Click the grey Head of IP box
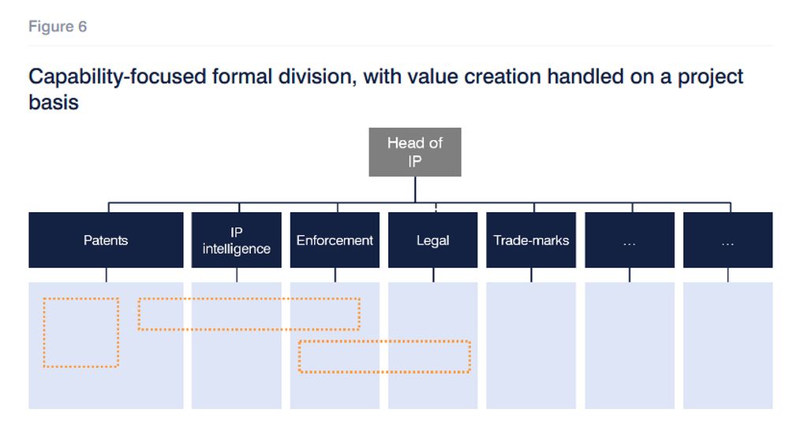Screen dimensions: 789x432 pyautogui.click(x=415, y=152)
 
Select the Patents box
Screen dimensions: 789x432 pyautogui.click(x=106, y=240)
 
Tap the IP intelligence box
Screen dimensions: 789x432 pyautogui.click(x=236, y=240)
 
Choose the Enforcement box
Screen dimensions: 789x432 pyautogui.click(x=335, y=240)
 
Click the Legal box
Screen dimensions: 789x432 pyautogui.click(x=432, y=240)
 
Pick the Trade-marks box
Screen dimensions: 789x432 pyautogui.click(x=531, y=240)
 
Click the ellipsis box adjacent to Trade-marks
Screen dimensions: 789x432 pyautogui.click(x=630, y=240)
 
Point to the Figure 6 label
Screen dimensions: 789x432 pyautogui.click(x=58, y=26)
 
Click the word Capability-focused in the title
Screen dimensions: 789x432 pyautogui.click(x=118, y=77)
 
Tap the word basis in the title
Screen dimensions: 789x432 pyautogui.click(x=54, y=102)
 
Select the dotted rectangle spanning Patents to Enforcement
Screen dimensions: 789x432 pyautogui.click(x=249, y=299)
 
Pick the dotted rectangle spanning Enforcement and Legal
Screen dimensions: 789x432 pyautogui.click(x=384, y=341)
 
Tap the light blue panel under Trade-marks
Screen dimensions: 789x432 pyautogui.click(x=531, y=345)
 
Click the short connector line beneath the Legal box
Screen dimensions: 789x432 pyautogui.click(x=433, y=274)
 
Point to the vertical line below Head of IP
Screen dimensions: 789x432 pyautogui.click(x=415, y=190)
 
